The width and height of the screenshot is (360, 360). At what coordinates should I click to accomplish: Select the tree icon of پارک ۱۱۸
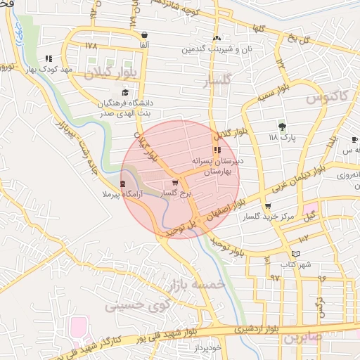[282, 127]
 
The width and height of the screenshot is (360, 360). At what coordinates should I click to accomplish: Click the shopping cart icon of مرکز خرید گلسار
[267, 206]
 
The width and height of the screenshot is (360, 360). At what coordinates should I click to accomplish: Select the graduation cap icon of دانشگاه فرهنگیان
[125, 92]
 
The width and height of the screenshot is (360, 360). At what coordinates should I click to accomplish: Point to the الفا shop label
[144, 44]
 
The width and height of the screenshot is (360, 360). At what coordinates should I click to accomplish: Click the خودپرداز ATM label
[208, 348]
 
